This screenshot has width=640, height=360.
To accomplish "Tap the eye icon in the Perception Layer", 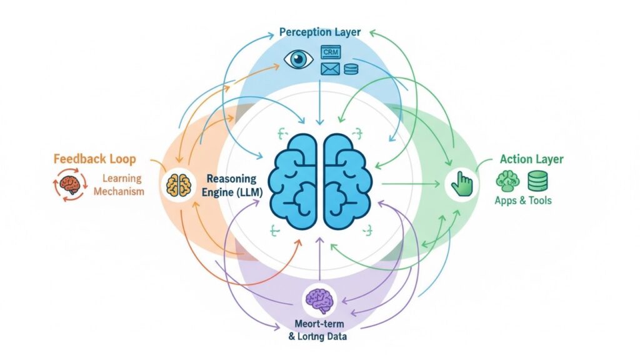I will pyautogui.click(x=299, y=60).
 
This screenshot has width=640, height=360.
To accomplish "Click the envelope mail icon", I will pyautogui.click(x=330, y=68).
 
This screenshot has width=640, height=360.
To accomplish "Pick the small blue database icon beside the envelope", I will pyautogui.click(x=351, y=68).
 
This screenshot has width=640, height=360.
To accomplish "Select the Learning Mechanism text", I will pyautogui.click(x=119, y=186).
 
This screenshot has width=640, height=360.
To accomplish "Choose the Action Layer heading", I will pyautogui.click(x=531, y=159).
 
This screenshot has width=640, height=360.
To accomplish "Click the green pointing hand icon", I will pyautogui.click(x=462, y=183).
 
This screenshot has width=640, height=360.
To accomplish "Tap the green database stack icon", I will pyautogui.click(x=537, y=181).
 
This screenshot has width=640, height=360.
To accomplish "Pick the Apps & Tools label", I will pyautogui.click(x=523, y=201).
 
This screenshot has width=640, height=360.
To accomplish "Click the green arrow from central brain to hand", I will pyautogui.click(x=409, y=184).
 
